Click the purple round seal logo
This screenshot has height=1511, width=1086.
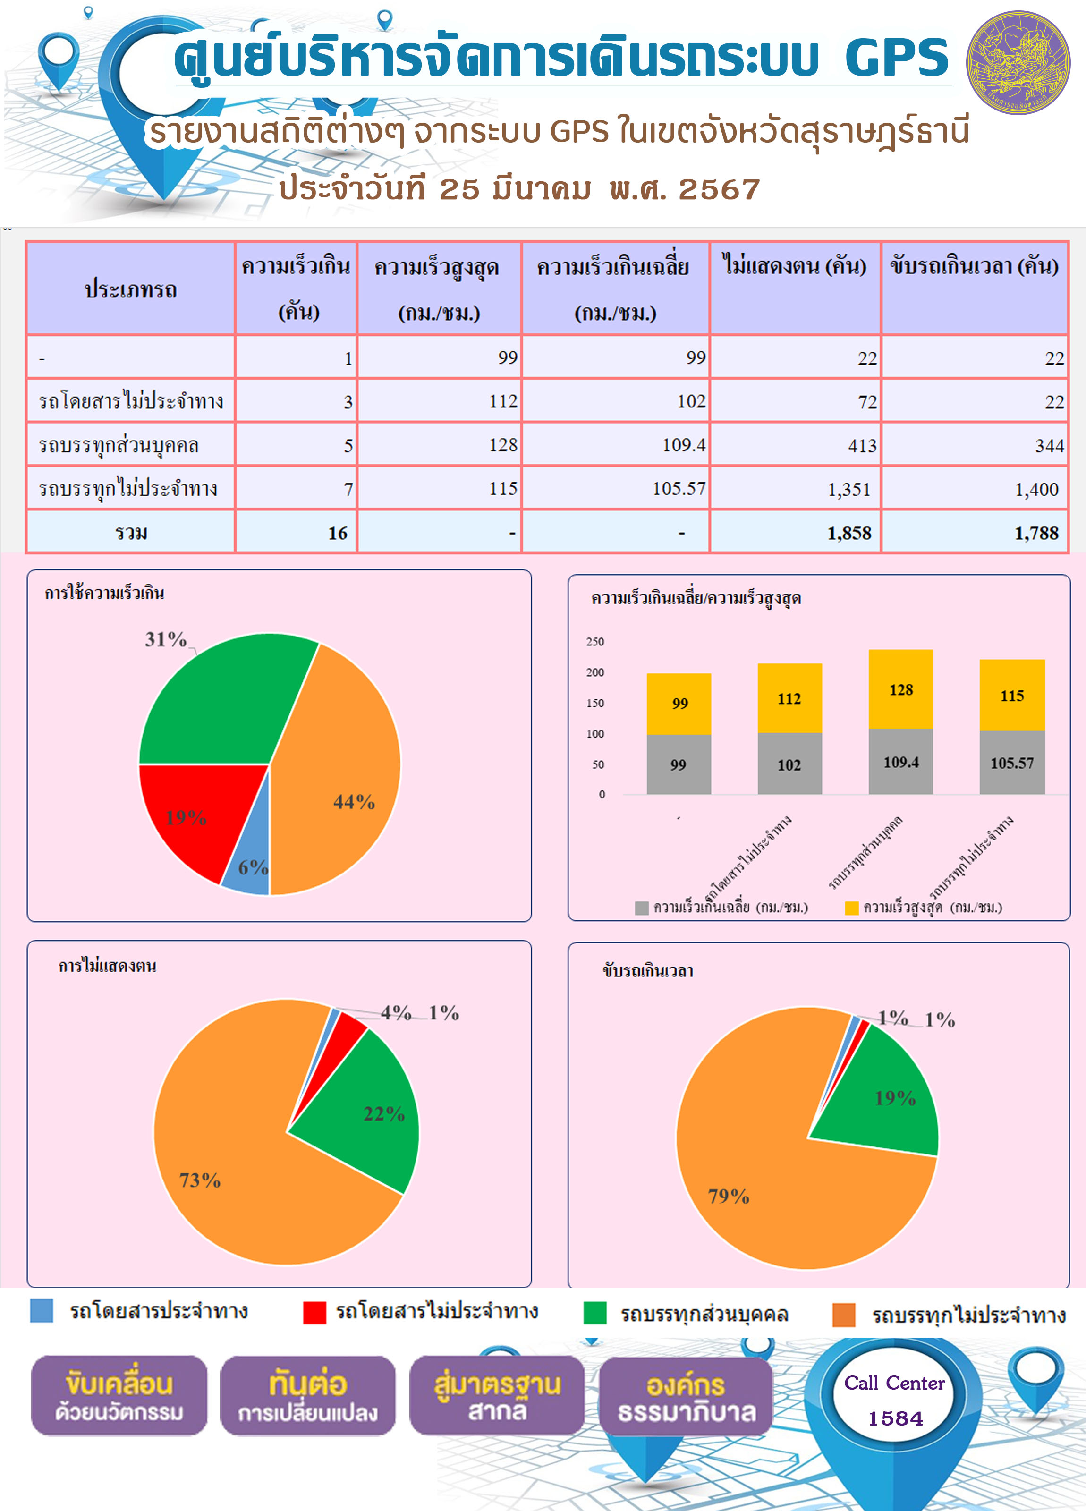[x=1018, y=62]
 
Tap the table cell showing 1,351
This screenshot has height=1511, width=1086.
[x=796, y=488]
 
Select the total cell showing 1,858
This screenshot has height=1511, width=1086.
[x=796, y=532]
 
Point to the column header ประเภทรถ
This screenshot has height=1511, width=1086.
[x=131, y=289]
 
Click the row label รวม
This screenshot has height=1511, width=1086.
[x=131, y=532]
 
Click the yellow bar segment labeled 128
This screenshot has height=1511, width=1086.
[x=901, y=689]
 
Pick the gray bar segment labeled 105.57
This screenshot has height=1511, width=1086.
[x=1012, y=762]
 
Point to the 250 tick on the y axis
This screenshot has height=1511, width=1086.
[x=595, y=642]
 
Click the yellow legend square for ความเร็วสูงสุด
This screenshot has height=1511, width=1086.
[x=851, y=908]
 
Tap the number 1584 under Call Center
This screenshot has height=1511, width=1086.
[x=895, y=1418]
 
